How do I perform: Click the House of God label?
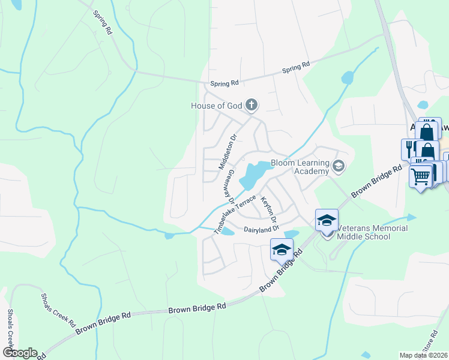(216, 106)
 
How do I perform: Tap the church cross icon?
(252, 106)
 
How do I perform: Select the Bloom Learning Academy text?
(300, 167)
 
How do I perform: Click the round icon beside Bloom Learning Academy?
(339, 166)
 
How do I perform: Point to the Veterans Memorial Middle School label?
(372, 232)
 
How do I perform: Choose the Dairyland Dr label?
(262, 229)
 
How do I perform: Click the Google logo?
(19, 353)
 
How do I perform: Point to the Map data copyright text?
(424, 355)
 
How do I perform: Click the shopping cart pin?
(421, 176)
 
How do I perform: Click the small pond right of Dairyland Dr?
(292, 233)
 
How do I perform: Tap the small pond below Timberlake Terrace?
(227, 233)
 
